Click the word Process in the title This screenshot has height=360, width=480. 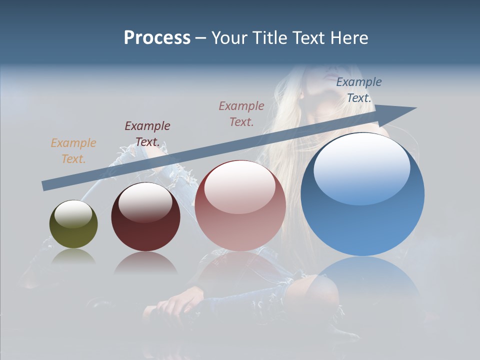click(157, 38)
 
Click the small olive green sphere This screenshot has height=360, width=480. click(73, 224)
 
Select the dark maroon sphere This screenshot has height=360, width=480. click(145, 217)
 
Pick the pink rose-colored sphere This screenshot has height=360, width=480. click(240, 205)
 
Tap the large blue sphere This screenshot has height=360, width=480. click(362, 194)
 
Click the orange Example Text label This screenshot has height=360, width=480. click(73, 150)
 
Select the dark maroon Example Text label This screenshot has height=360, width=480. click(147, 133)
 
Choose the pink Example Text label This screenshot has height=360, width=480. click(241, 113)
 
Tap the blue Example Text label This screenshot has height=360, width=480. click(359, 89)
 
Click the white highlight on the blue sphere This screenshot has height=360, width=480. click(361, 168)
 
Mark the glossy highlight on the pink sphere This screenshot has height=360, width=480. click(240, 185)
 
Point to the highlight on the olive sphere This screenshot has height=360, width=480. click(73, 213)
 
